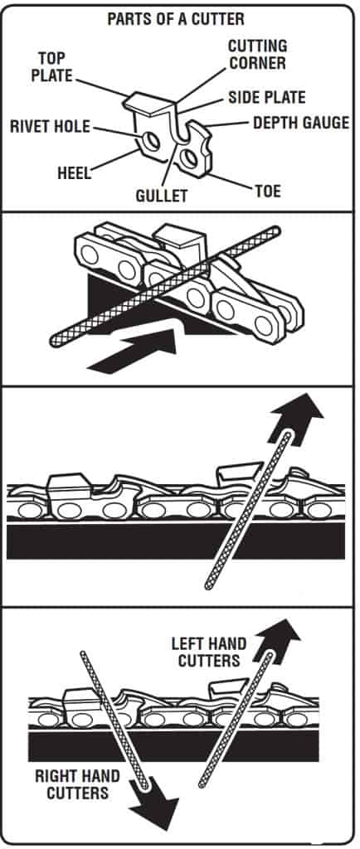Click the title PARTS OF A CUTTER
176,20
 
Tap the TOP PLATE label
51,66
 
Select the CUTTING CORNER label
257,54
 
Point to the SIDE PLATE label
267,98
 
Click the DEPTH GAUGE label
301,123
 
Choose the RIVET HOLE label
50,127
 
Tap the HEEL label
74,173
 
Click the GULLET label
161,195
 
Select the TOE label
268,192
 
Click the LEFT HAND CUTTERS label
209,652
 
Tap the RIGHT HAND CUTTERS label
77,784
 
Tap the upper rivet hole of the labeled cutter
148,141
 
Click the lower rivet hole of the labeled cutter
188,158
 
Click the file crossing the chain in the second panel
165,287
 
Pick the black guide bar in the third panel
176,541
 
